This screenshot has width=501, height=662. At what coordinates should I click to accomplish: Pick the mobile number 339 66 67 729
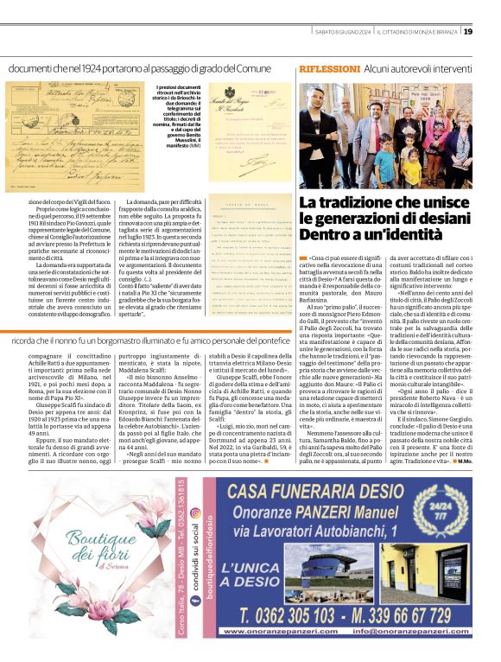[409, 616]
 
